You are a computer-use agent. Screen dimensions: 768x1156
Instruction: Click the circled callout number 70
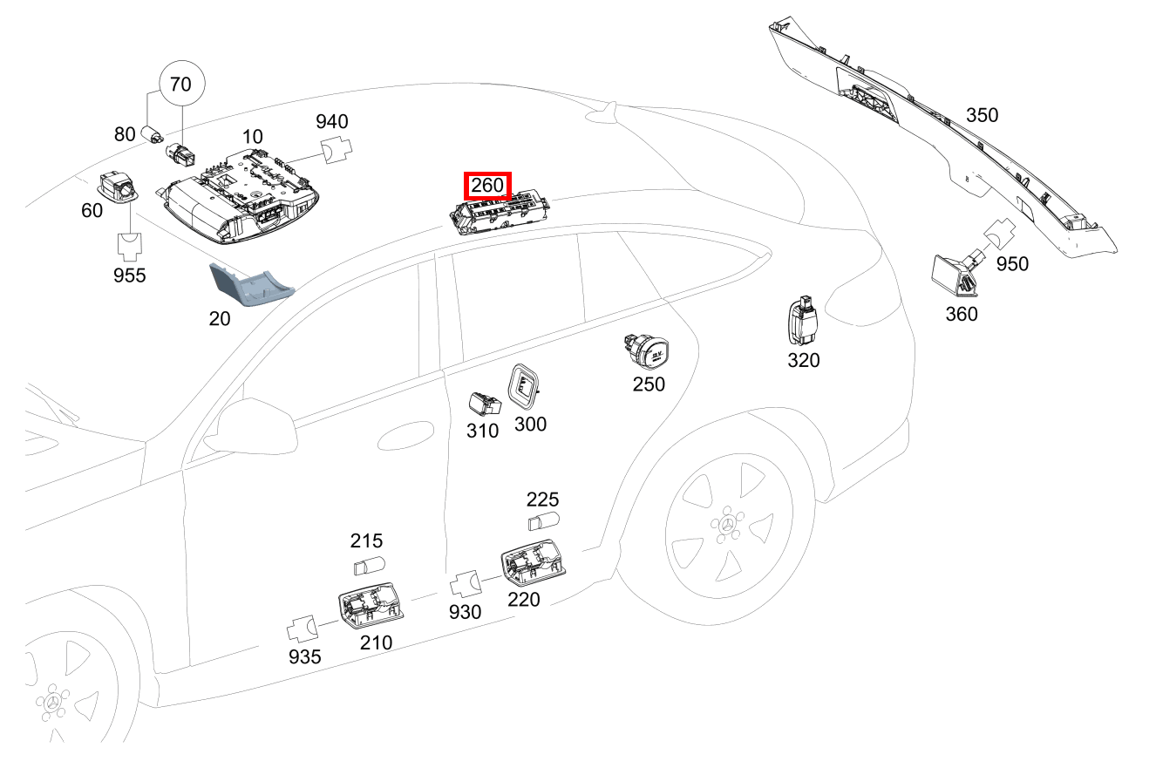tap(180, 85)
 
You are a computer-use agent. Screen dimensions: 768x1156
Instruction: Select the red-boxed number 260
tap(487, 186)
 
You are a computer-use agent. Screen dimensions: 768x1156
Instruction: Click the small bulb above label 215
tap(368, 567)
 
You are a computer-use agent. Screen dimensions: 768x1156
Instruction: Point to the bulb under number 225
tap(543, 523)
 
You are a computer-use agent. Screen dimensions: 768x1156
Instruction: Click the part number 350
tap(983, 115)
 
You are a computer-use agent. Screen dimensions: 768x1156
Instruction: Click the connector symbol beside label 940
tap(335, 150)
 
